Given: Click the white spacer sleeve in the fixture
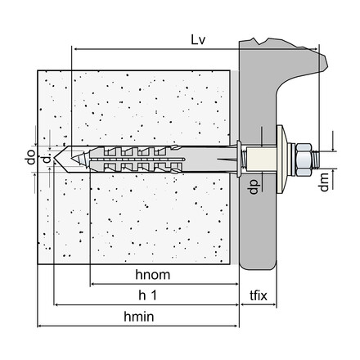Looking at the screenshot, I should pyautogui.click(x=260, y=157).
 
